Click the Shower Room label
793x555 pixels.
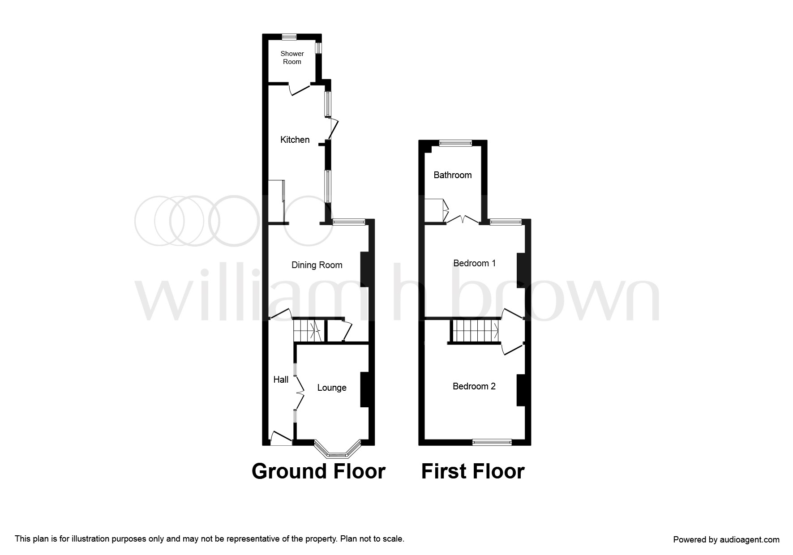pos(292,58)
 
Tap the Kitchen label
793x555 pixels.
pos(295,140)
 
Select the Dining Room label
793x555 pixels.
pos(317,265)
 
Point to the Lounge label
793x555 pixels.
pos(332,388)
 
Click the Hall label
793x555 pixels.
pos(281,380)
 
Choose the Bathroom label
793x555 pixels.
pos(452,175)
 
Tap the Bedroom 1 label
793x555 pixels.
pos(474,263)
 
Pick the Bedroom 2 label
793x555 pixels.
pos(474,386)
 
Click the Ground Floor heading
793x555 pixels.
pos(318,471)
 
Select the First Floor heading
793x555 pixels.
pos(472,471)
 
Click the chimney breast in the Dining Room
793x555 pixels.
pos(367,269)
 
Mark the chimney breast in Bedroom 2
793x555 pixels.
pos(521,390)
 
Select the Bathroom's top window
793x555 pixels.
pos(455,143)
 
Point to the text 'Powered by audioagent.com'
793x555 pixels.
pos(726,540)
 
